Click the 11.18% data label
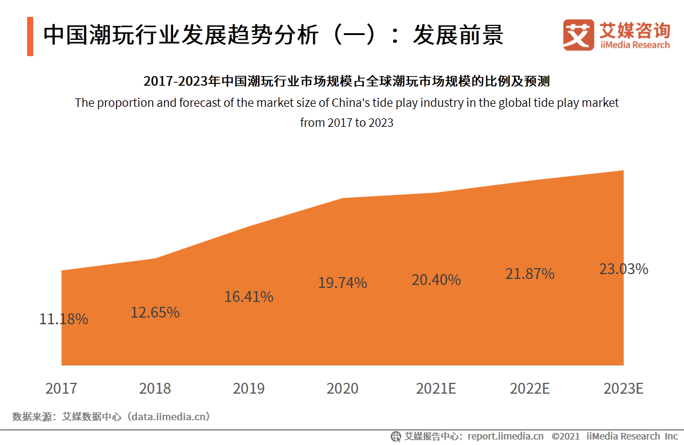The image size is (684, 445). pyautogui.click(x=64, y=319)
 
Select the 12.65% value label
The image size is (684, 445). pyautogui.click(x=155, y=313)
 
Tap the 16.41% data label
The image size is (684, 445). pyautogui.click(x=249, y=297)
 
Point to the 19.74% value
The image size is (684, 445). pyautogui.click(x=343, y=283)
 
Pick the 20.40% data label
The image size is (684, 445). pyautogui.click(x=436, y=280)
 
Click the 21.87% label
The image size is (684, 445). pyautogui.click(x=530, y=274)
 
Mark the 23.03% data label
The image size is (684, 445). pyautogui.click(x=623, y=269)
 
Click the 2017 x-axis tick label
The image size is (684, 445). pyautogui.click(x=62, y=388)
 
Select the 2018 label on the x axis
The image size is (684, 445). pyautogui.click(x=155, y=388)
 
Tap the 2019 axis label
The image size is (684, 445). pyautogui.click(x=249, y=388)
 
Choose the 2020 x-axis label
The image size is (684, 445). pyautogui.click(x=343, y=388)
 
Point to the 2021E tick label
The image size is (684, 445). pyautogui.click(x=436, y=388)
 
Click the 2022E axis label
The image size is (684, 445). pyautogui.click(x=530, y=388)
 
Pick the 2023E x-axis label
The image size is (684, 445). pyautogui.click(x=623, y=388)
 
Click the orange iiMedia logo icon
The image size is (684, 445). pyautogui.click(x=578, y=35)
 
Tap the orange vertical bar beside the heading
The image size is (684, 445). pyautogui.click(x=30, y=37)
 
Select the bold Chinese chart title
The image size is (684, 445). pyautogui.click(x=346, y=82)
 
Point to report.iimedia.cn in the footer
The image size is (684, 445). pyautogui.click(x=505, y=436)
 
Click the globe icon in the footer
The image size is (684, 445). pyautogui.click(x=396, y=436)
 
